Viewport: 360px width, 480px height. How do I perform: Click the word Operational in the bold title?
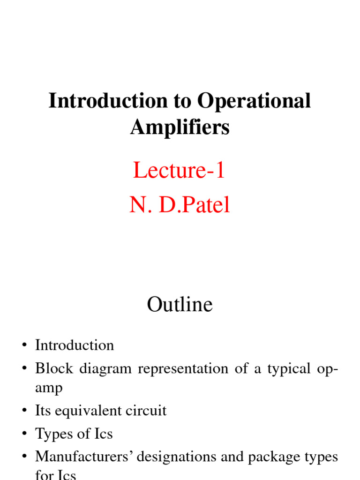pyautogui.click(x=254, y=101)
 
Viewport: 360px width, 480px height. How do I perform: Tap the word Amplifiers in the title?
pyautogui.click(x=180, y=127)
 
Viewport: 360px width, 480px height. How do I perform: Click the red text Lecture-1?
pyautogui.click(x=179, y=170)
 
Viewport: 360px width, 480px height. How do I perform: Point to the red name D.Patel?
pyautogui.click(x=195, y=205)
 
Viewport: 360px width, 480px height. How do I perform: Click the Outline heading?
pyautogui.click(x=180, y=305)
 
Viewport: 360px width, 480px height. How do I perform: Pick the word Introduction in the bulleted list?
pyautogui.click(x=75, y=345)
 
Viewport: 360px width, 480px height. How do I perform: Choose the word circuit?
pyautogui.click(x=145, y=411)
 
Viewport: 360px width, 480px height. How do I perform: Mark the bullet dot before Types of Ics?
pyautogui.click(x=23, y=435)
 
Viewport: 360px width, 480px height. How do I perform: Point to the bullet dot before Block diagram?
pyautogui.click(x=23, y=369)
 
